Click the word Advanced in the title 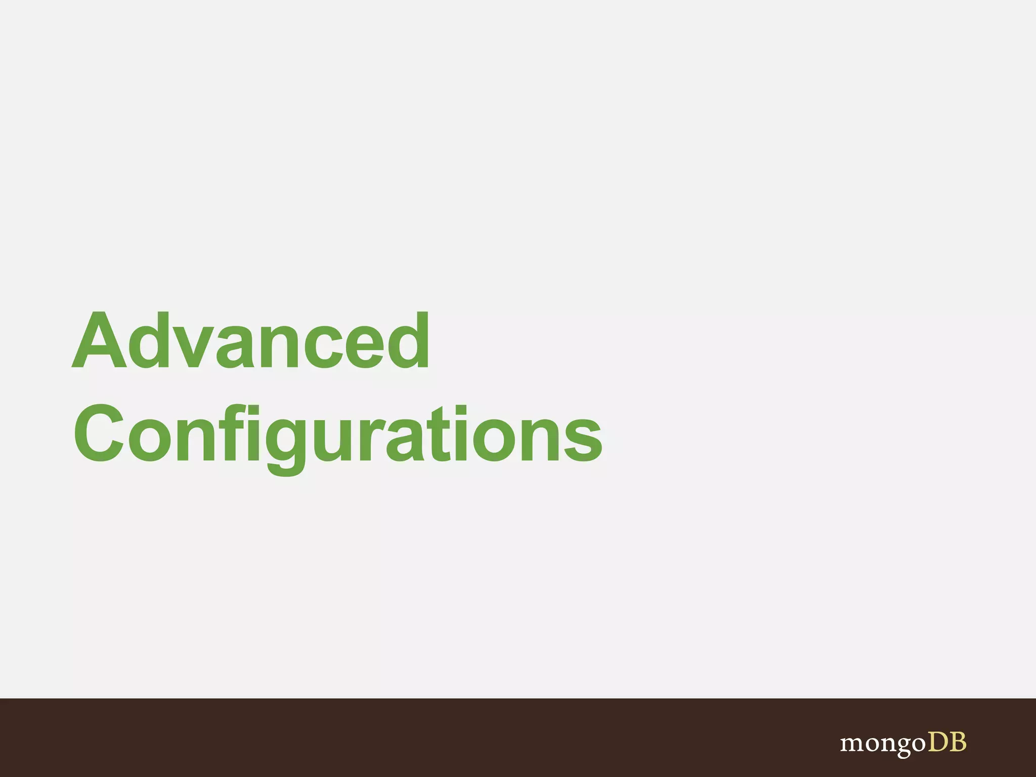coord(251,340)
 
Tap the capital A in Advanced coord(99,340)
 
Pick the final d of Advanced coord(409,340)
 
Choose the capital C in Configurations coord(99,434)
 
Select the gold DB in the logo coord(946,742)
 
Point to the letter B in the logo coord(958,742)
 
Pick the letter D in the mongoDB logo coord(936,742)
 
